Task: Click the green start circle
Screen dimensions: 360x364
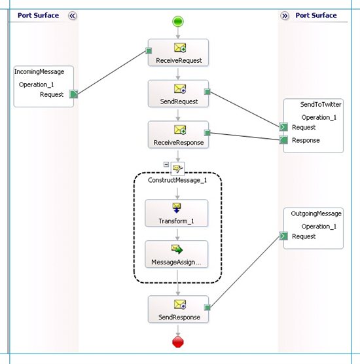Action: (178, 22)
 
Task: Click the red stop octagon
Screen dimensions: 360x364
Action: (178, 342)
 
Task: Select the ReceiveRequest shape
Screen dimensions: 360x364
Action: (178, 52)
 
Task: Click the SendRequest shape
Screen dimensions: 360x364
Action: (178, 94)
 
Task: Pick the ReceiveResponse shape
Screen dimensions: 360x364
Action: (178, 135)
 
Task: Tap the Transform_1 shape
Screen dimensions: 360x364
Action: (177, 213)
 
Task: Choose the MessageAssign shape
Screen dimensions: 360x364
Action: (177, 254)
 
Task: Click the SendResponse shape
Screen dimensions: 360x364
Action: (178, 309)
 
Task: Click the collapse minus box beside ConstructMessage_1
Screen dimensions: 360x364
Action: (166, 164)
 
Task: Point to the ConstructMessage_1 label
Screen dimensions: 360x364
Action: (177, 180)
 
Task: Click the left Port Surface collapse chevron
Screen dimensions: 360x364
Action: (73, 16)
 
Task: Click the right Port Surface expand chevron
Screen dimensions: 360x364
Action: (285, 16)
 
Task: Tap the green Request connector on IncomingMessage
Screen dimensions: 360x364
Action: (74, 94)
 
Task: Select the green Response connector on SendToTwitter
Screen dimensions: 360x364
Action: (283, 140)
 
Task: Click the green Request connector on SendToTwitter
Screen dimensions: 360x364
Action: (283, 127)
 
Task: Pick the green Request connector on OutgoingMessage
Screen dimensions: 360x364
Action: (283, 236)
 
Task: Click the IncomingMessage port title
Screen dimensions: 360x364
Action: (39, 72)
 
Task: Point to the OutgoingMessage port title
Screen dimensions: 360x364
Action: (316, 213)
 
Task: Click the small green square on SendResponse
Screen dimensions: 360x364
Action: (207, 308)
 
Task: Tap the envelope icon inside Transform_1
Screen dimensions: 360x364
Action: (177, 206)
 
